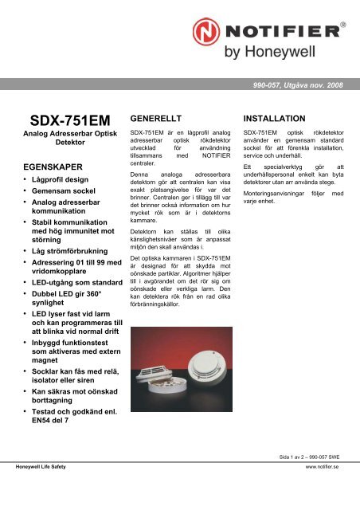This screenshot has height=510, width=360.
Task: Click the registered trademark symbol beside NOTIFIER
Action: (342, 25)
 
